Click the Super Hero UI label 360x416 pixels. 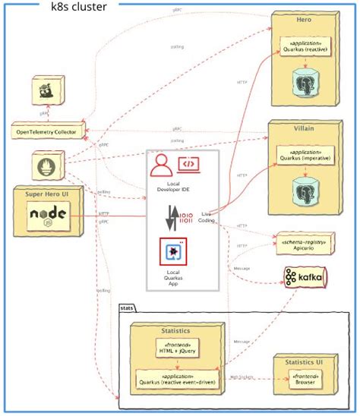click(x=48, y=194)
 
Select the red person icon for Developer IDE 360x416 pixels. click(x=162, y=165)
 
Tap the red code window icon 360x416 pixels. click(x=188, y=163)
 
